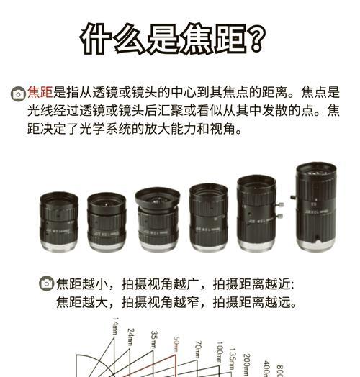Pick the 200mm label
(247, 365)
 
